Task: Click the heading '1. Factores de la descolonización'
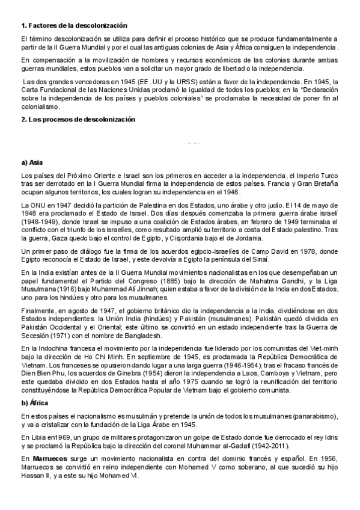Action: pyautogui.click(x=74, y=25)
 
